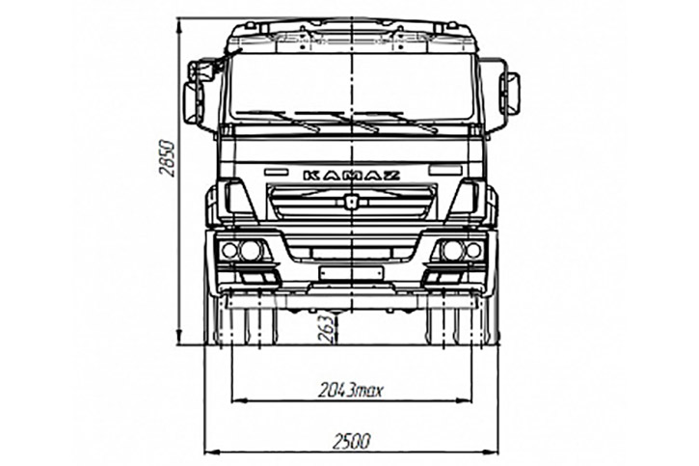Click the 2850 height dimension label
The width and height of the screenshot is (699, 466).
(x=167, y=159)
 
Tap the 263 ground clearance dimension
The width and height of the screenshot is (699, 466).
(x=328, y=329)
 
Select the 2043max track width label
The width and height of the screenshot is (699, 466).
(x=350, y=391)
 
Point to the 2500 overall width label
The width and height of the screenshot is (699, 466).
(x=351, y=442)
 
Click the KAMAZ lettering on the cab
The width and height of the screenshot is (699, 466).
(x=351, y=176)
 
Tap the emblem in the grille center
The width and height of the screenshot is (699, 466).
(x=351, y=201)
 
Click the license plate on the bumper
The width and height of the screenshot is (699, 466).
(x=351, y=273)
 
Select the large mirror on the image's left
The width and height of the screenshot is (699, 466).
(x=194, y=103)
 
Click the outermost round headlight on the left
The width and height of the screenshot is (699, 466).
(x=229, y=251)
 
